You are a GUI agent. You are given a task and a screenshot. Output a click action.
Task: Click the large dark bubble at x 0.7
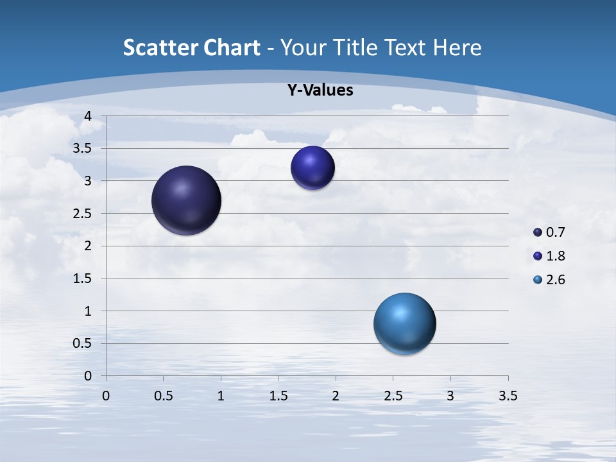[x=187, y=200]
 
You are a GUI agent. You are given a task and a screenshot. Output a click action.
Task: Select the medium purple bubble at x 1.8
[x=312, y=168]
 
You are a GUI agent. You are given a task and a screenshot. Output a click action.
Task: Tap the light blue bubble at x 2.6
[x=404, y=323]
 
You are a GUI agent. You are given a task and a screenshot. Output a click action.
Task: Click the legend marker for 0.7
[x=538, y=232]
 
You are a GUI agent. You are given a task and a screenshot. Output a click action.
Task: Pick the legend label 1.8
[x=555, y=256]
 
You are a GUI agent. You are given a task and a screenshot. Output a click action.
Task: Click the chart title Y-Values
[x=320, y=90]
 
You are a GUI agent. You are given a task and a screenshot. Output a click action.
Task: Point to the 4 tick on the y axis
[x=89, y=116]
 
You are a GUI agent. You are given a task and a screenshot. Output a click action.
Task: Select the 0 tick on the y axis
[x=89, y=376]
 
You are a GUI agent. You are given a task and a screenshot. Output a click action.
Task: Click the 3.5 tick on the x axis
[x=508, y=396]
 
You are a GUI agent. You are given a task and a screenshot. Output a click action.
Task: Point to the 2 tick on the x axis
[x=336, y=396]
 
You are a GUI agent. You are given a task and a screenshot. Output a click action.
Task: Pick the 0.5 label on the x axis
[x=164, y=396]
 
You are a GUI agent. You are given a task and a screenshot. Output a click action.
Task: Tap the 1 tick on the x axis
[x=221, y=396]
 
